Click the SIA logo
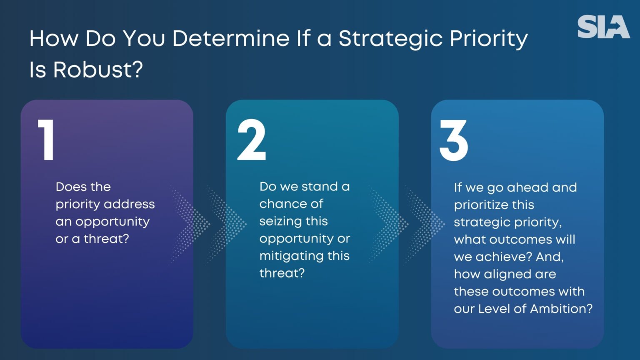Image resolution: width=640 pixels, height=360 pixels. (603, 27)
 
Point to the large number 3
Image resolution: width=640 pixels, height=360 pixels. (454, 140)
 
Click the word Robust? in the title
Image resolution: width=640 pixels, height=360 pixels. (98, 69)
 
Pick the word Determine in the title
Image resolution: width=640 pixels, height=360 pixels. (230, 38)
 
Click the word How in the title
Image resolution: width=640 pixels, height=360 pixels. (53, 38)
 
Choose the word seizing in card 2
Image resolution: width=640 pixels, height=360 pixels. (276, 221)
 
